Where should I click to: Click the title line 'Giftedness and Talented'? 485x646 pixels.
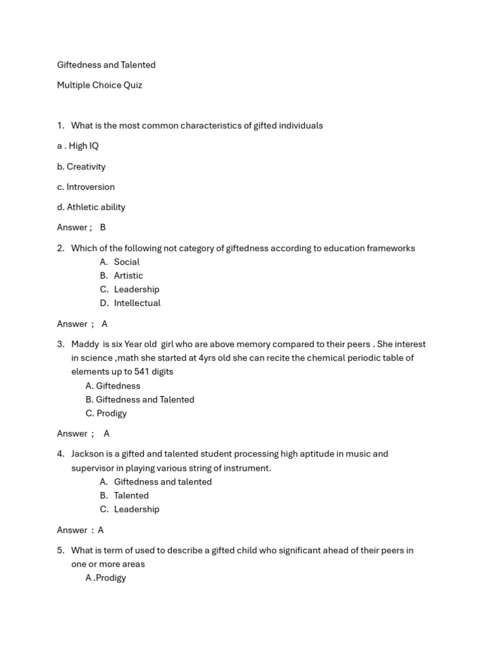point(106,65)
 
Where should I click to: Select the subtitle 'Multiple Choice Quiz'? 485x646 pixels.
point(99,85)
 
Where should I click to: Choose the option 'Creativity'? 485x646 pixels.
point(86,167)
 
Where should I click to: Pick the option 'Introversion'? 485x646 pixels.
point(90,187)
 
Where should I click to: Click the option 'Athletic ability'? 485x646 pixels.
point(96,207)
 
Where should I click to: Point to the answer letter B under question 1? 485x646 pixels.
point(103,227)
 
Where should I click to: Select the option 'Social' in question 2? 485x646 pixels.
point(126,262)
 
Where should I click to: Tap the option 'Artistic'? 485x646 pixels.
point(128,276)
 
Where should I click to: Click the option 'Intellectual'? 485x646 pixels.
point(137,303)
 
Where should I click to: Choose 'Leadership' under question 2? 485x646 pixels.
point(136,289)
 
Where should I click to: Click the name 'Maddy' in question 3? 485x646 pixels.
point(85,344)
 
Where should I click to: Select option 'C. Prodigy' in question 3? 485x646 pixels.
point(106,413)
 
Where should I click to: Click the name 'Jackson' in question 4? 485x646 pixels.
point(88,454)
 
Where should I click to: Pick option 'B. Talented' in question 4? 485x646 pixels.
point(124,495)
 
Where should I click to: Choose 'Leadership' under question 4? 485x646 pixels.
point(136,509)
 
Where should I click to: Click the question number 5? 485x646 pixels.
point(61,550)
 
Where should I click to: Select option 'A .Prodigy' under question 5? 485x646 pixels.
point(106,578)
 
